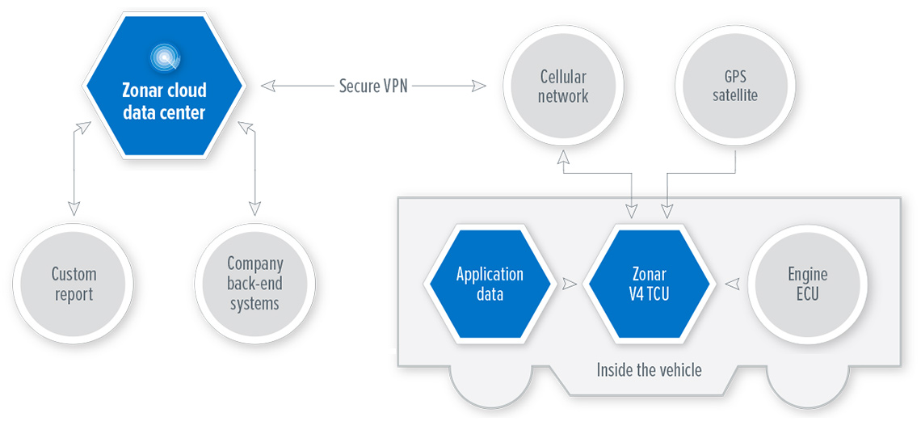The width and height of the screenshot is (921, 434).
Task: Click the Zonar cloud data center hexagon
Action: coord(164,86)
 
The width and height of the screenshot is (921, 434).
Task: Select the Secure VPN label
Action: coord(373,86)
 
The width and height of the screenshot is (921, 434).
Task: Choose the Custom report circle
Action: coord(74,284)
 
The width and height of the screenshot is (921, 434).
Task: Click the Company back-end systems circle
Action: coord(254,284)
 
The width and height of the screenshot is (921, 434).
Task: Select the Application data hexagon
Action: coord(490,284)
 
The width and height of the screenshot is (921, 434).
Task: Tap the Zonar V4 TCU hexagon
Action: coord(649,284)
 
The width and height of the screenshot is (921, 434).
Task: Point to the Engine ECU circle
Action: coord(808,284)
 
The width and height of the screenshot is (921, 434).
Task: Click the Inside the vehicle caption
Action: coord(649,371)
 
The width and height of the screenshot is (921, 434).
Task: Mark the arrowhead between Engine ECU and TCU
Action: coord(731,284)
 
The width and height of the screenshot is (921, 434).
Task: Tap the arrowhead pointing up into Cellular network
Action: coord(563,156)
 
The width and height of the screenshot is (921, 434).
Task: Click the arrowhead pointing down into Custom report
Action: coord(74,209)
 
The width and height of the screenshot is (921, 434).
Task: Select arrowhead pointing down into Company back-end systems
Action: coord(254,209)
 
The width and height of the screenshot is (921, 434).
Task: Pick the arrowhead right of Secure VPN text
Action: coord(479,86)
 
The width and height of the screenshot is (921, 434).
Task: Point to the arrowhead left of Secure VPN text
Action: coord(268,86)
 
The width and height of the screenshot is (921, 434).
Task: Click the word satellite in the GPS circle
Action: coord(735,95)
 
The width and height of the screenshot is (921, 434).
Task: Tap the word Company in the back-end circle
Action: coord(255,263)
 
